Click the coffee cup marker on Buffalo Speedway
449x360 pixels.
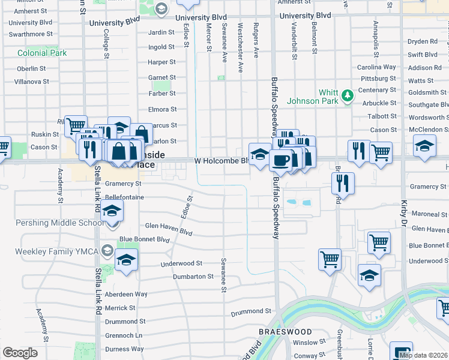tap(280, 160)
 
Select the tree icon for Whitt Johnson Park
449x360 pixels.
tap(347, 95)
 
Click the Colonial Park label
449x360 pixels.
tap(42, 53)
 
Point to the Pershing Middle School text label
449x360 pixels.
tap(51, 223)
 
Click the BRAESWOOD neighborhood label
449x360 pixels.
tap(285, 332)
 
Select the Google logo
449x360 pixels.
tap(20, 353)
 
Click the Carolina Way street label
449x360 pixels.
tap(377, 67)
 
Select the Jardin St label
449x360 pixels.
tap(161, 32)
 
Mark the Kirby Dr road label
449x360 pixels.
tap(404, 215)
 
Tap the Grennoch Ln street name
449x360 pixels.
tap(123, 335)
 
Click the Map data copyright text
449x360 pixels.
tap(423, 355)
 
